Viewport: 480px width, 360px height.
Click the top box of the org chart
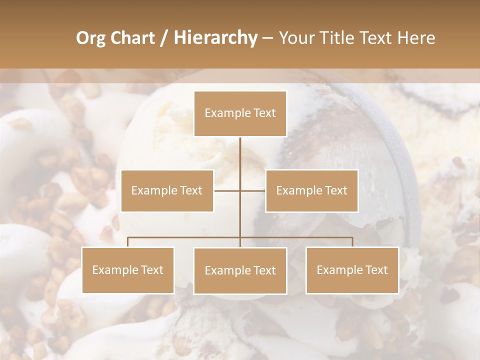click(240, 113)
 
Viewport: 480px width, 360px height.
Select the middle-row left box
click(167, 190)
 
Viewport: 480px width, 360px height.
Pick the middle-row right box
click(311, 190)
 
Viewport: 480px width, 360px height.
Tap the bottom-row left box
click(128, 270)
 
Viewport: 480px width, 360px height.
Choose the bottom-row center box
click(240, 270)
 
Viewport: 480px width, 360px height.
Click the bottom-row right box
click(352, 270)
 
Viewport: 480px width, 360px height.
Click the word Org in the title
click(90, 38)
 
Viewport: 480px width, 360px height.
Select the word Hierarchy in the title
click(215, 38)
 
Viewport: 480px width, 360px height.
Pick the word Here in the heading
click(416, 38)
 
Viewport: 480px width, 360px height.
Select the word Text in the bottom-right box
click(376, 270)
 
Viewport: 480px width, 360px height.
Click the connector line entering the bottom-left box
click(128, 242)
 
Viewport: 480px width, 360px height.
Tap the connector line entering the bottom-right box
click(352, 242)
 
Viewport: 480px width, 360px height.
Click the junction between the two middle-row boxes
click(240, 190)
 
